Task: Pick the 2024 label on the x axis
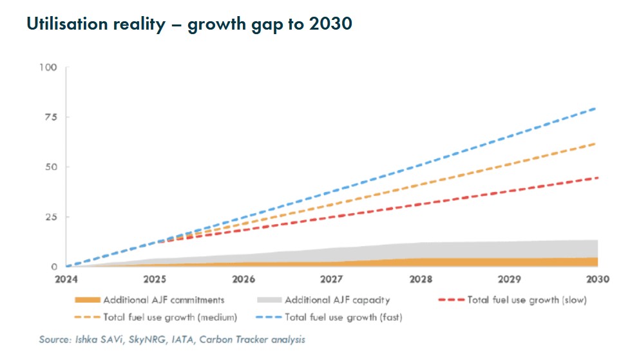coord(66,279)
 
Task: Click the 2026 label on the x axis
coord(243,279)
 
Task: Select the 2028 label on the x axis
coord(421,279)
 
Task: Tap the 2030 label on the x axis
coord(598,279)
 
